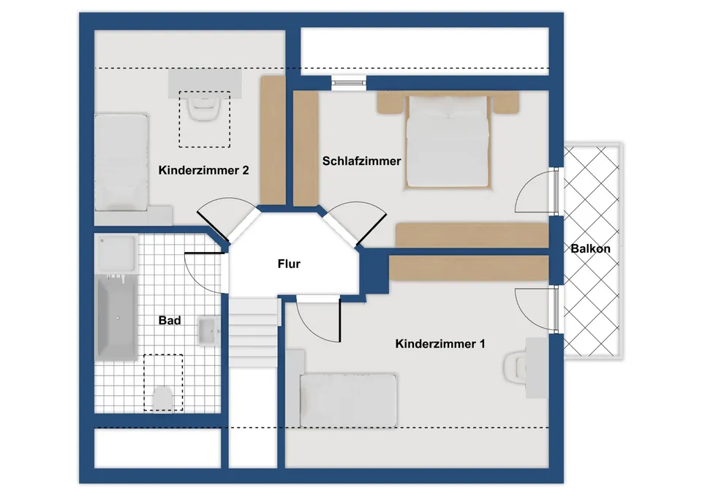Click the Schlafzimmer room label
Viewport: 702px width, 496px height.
(361, 161)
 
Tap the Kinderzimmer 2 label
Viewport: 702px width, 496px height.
(203, 170)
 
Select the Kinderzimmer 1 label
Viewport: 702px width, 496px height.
(439, 344)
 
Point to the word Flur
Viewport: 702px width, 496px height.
(289, 264)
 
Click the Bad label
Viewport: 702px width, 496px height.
(170, 320)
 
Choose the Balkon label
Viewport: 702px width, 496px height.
(591, 248)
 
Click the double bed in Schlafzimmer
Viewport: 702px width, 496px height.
(448, 140)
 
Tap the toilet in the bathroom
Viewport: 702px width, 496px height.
(163, 397)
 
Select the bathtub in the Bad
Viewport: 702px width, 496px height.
(117, 316)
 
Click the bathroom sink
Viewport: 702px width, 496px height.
(208, 331)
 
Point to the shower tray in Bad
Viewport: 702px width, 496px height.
(116, 253)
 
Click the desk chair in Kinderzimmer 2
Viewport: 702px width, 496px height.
(205, 108)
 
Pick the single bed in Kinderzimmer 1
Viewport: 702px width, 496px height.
(348, 400)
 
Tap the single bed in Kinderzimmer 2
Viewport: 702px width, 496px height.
(121, 162)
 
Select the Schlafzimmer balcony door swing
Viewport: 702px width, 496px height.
(535, 191)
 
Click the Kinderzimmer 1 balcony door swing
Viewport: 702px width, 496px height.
(536, 310)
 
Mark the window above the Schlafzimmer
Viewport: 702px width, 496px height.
(349, 83)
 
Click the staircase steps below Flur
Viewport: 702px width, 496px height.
(254, 332)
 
